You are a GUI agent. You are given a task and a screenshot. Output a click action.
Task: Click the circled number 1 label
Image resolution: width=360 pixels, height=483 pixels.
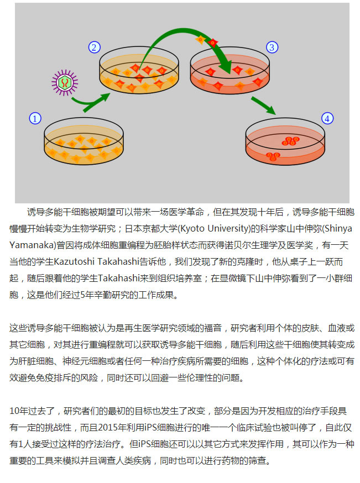pos(35,119)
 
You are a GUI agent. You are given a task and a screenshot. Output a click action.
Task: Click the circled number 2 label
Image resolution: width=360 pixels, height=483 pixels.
pos(95,48)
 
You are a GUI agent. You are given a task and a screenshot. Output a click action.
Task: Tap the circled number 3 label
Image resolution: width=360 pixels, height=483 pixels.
pos(272,48)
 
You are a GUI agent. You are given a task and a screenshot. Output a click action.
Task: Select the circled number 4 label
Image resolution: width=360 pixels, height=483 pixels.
pos(327,119)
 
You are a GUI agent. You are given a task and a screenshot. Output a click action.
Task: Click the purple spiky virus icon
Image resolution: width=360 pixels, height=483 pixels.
pos(65,82)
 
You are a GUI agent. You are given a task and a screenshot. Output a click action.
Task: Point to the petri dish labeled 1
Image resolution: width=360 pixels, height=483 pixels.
pos(84,141)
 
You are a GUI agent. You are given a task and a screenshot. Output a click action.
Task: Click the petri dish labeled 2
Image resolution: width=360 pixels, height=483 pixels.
pos(139,70)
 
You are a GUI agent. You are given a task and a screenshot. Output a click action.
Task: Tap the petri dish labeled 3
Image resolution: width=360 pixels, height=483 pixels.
pos(230,70)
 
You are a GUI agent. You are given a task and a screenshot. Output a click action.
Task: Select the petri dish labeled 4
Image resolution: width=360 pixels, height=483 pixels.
pos(285,141)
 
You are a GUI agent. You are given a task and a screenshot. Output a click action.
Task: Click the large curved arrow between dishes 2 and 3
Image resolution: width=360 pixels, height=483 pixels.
pos(182,31)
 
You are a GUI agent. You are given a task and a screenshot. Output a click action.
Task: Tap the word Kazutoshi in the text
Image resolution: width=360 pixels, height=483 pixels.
pos(74,262)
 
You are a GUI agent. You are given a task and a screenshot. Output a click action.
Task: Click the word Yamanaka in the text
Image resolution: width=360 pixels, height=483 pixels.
pos(32,245)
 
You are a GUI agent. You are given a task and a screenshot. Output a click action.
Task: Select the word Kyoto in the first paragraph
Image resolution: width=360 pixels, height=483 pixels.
pos(192,229)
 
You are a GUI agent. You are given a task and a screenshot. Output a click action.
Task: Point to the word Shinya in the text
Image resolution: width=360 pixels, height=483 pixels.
pos(338,229)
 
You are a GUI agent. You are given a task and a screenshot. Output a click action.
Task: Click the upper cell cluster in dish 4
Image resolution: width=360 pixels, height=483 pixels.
pos(290,141)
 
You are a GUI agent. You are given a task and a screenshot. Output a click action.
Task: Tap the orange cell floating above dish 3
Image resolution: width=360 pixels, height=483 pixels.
pos(200,39)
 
